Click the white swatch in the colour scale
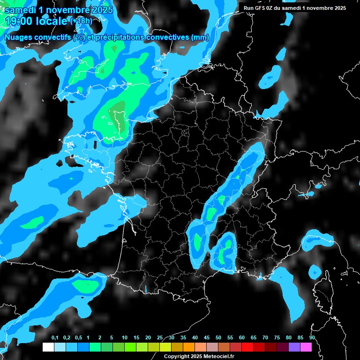(x=48, y=347)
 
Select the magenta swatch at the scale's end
(x=306, y=347)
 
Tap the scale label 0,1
(x=55, y=338)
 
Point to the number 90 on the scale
(x=312, y=338)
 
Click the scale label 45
(x=207, y=338)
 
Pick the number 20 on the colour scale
(x=148, y=338)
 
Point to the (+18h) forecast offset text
(x=81, y=21)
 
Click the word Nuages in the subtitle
(x=18, y=37)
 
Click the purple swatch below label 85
(x=294, y=347)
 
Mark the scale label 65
(x=254, y=338)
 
